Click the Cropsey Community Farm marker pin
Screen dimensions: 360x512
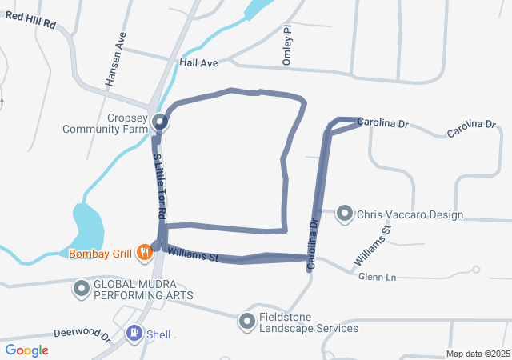160,122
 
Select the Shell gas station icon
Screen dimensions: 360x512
134,333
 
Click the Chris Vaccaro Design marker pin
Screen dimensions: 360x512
345,214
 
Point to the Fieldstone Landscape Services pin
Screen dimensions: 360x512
246,321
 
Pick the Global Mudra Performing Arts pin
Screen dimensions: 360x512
82,288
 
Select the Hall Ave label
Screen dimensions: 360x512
199,62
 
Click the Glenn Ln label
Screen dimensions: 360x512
378,277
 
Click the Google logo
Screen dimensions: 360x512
26,350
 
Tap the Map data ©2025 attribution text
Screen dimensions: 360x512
478,354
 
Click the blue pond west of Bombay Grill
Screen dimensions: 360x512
86,226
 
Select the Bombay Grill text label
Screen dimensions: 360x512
100,254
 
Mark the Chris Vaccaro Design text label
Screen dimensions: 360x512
410,214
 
